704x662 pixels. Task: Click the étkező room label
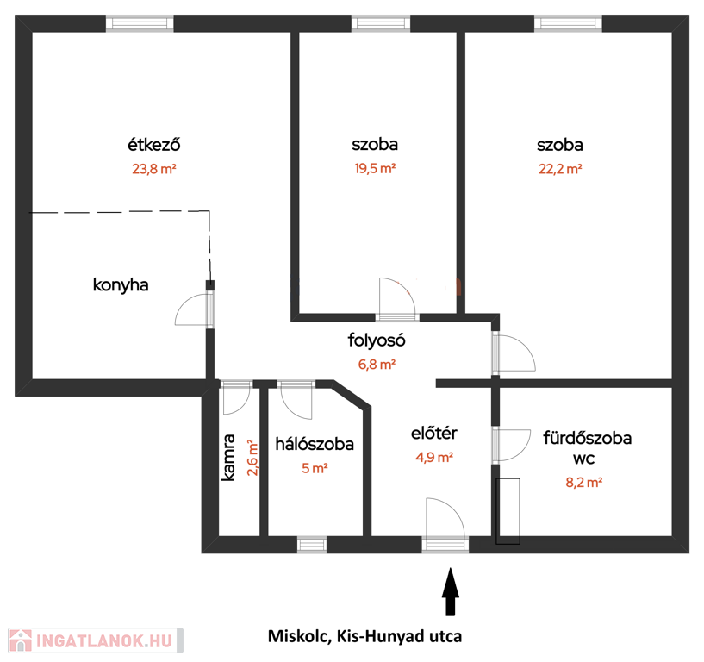pyautogui.click(x=154, y=144)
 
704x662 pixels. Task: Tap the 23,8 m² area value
pyautogui.click(x=154, y=169)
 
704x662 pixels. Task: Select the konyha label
pyautogui.click(x=121, y=284)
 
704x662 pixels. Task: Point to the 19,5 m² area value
pyautogui.click(x=375, y=168)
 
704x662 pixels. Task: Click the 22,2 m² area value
pyautogui.click(x=560, y=169)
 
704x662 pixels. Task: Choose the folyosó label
pyautogui.click(x=377, y=340)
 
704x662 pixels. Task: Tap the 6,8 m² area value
pyautogui.click(x=377, y=365)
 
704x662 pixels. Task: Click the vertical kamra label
pyautogui.click(x=228, y=457)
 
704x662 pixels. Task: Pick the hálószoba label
pyautogui.click(x=315, y=444)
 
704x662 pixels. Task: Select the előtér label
pyautogui.click(x=434, y=433)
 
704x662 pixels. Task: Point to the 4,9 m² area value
pyautogui.click(x=434, y=457)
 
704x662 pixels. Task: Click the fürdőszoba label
pyautogui.click(x=588, y=437)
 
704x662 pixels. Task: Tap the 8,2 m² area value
pyautogui.click(x=583, y=483)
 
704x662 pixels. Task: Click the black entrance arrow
pyautogui.click(x=451, y=591)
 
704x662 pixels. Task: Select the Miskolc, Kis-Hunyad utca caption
pyautogui.click(x=365, y=636)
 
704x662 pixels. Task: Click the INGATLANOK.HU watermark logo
pyautogui.click(x=96, y=640)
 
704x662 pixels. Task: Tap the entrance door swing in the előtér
pyautogui.click(x=445, y=517)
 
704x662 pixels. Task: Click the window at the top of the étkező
pyautogui.click(x=140, y=23)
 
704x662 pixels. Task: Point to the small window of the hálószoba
pyautogui.click(x=312, y=545)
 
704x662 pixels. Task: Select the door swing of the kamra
pyautogui.click(x=236, y=399)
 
